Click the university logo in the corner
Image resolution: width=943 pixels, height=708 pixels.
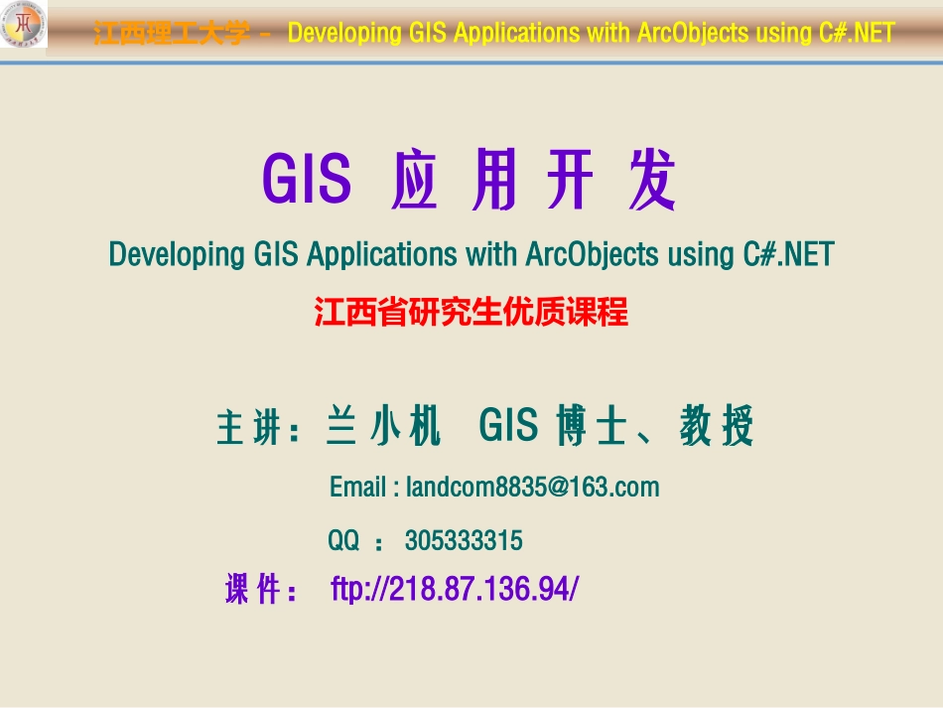pyautogui.click(x=23, y=25)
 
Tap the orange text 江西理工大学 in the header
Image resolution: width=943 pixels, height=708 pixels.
pyautogui.click(x=172, y=34)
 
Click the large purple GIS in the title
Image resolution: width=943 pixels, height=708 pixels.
pyautogui.click(x=307, y=180)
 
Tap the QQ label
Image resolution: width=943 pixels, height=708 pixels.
pyautogui.click(x=343, y=541)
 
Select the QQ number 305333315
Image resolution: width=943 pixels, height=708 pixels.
pyautogui.click(x=464, y=541)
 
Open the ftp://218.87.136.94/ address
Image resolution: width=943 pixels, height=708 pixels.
pyautogui.click(x=454, y=590)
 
